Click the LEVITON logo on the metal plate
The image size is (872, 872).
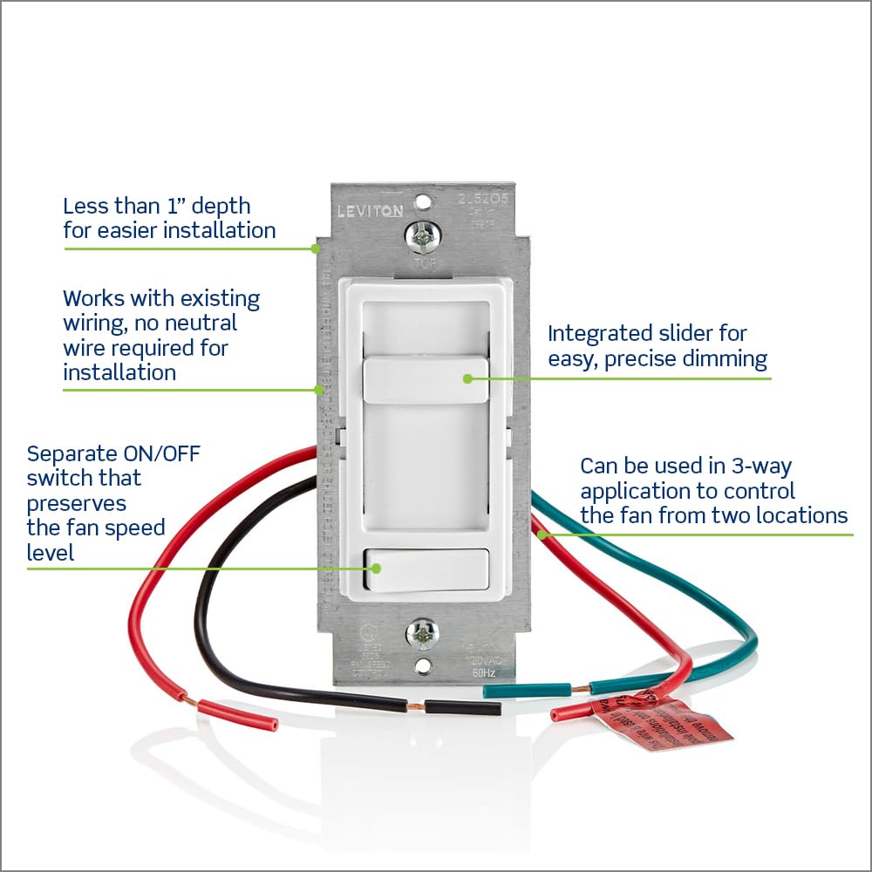tap(371, 211)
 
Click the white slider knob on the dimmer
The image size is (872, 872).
tap(425, 378)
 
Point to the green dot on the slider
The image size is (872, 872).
tap(467, 378)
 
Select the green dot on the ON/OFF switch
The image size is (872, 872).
tap(377, 568)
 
